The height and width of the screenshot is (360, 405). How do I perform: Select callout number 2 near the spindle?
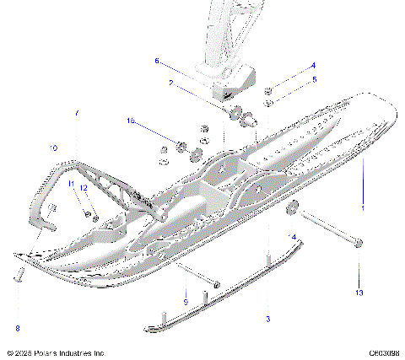(170, 83)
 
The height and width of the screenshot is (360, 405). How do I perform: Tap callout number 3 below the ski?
(267, 320)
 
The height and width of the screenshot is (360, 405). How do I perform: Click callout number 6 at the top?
(156, 61)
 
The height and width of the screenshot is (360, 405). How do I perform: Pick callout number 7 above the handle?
(77, 112)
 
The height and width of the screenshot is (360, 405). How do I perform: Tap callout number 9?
(185, 302)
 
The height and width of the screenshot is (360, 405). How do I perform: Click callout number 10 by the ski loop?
(53, 148)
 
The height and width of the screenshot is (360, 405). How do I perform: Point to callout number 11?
(72, 184)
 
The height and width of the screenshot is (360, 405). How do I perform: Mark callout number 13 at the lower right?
(359, 293)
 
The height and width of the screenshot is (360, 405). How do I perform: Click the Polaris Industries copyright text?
(55, 352)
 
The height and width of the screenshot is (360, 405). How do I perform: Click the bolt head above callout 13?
(359, 244)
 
